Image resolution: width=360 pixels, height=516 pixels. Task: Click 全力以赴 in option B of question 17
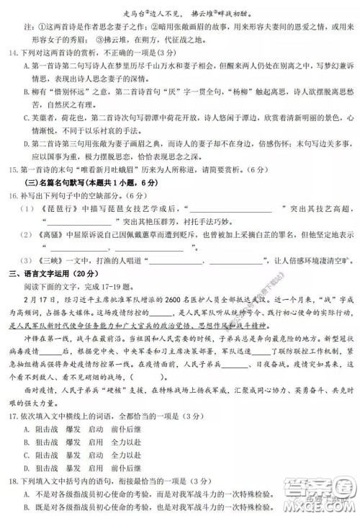click(130, 444)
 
